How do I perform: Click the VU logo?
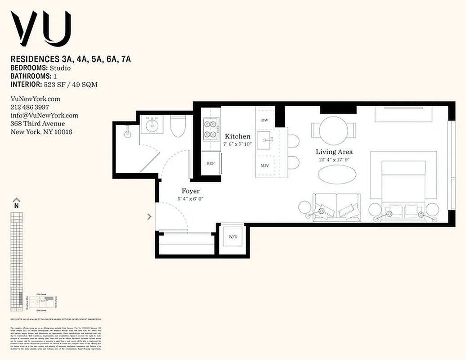(x=41, y=29)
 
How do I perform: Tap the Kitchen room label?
(x=237, y=136)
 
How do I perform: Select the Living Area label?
(x=334, y=152)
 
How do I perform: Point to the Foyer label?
(x=190, y=191)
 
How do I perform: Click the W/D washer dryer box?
(x=233, y=237)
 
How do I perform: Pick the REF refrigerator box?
(x=210, y=163)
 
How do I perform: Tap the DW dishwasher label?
(x=264, y=120)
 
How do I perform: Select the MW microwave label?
(x=264, y=166)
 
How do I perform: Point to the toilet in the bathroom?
(x=178, y=127)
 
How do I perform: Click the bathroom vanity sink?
(x=150, y=124)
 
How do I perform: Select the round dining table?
(x=333, y=131)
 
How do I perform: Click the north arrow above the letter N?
(x=17, y=200)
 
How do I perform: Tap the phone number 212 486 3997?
(x=30, y=107)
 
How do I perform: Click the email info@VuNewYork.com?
(x=44, y=115)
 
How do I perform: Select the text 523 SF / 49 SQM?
(x=70, y=84)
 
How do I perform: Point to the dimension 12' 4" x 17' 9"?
(x=334, y=160)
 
